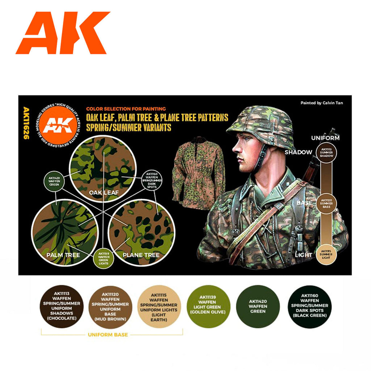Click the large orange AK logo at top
pos(62,33)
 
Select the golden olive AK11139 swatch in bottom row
pos(208,307)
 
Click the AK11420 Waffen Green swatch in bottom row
pos(258,307)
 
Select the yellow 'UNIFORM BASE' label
pos(108,335)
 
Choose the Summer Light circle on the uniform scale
pos(327,255)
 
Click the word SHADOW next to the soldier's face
pos(298,152)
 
